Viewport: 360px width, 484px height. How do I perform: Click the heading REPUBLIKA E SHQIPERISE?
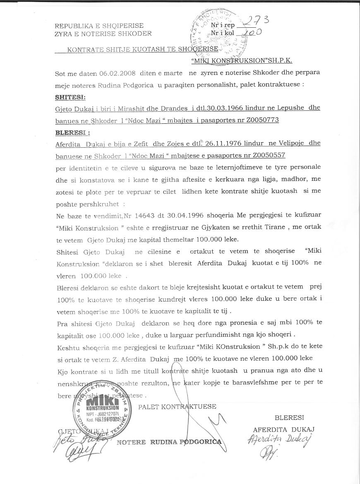(x=99, y=26)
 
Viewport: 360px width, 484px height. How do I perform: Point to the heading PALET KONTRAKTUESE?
(x=177, y=407)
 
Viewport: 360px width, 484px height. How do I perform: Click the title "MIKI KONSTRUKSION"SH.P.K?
(x=242, y=60)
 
